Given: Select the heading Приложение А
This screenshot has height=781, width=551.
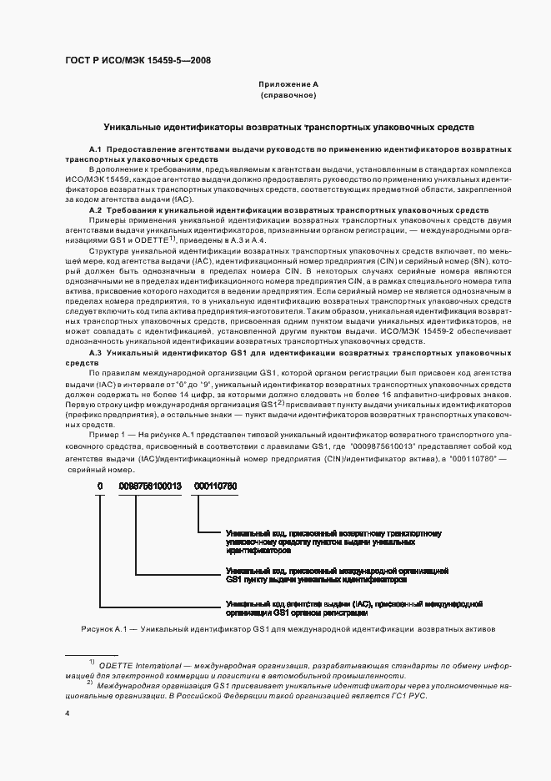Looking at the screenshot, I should [288, 84].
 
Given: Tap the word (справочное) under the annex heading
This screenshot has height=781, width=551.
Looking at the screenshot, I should [288, 96].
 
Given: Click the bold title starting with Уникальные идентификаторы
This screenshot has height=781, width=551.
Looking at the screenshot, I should [288, 128].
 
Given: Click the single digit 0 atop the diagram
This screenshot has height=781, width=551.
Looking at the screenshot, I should [100, 486].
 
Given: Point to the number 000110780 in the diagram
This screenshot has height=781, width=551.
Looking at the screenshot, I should [215, 486].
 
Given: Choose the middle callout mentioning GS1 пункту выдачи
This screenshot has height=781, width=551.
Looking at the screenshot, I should [337, 573].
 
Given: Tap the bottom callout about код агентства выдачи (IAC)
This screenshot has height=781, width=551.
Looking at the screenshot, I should [354, 607].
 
